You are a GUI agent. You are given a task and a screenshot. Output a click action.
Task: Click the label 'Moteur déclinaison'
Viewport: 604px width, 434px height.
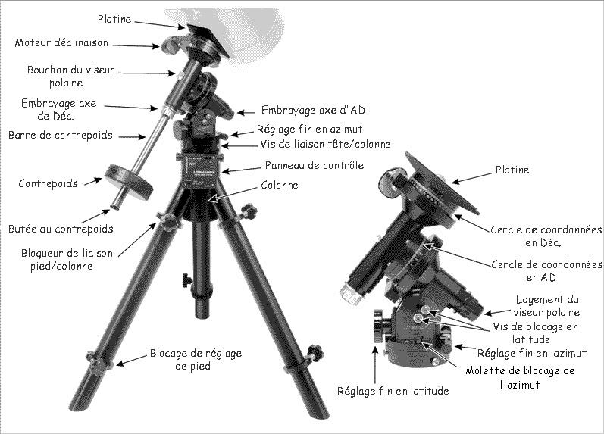coord(61,42)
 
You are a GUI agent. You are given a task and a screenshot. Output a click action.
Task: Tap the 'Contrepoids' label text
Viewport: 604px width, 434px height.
coord(49,183)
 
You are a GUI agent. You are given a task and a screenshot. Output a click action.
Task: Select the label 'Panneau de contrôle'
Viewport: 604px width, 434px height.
coord(315,165)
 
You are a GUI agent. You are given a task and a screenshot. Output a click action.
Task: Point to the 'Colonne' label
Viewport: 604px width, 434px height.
coord(280,186)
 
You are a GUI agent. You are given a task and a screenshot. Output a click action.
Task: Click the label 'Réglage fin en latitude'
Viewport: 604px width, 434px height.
coord(393,392)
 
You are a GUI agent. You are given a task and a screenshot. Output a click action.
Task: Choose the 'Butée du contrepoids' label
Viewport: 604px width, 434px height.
coord(61,229)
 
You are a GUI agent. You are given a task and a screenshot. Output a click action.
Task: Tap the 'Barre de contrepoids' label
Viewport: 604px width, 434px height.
coord(61,135)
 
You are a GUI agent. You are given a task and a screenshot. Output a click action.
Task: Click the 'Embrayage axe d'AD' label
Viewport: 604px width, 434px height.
coord(313,110)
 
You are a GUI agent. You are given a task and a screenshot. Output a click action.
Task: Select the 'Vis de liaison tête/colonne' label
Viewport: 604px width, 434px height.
coord(325,145)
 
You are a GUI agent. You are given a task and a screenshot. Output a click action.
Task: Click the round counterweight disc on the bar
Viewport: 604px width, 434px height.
coord(129,181)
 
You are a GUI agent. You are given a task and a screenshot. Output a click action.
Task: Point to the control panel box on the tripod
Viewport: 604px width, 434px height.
coord(201,171)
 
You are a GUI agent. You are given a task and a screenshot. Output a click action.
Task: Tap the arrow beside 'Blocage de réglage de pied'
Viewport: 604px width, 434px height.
coord(132,360)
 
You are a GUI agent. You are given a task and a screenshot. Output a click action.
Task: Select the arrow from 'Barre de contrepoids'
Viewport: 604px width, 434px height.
coord(132,136)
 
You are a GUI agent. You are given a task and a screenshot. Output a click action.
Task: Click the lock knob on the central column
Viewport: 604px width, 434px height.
coord(187,280)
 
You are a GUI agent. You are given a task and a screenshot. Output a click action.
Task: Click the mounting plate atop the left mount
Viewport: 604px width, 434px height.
coord(208,41)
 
